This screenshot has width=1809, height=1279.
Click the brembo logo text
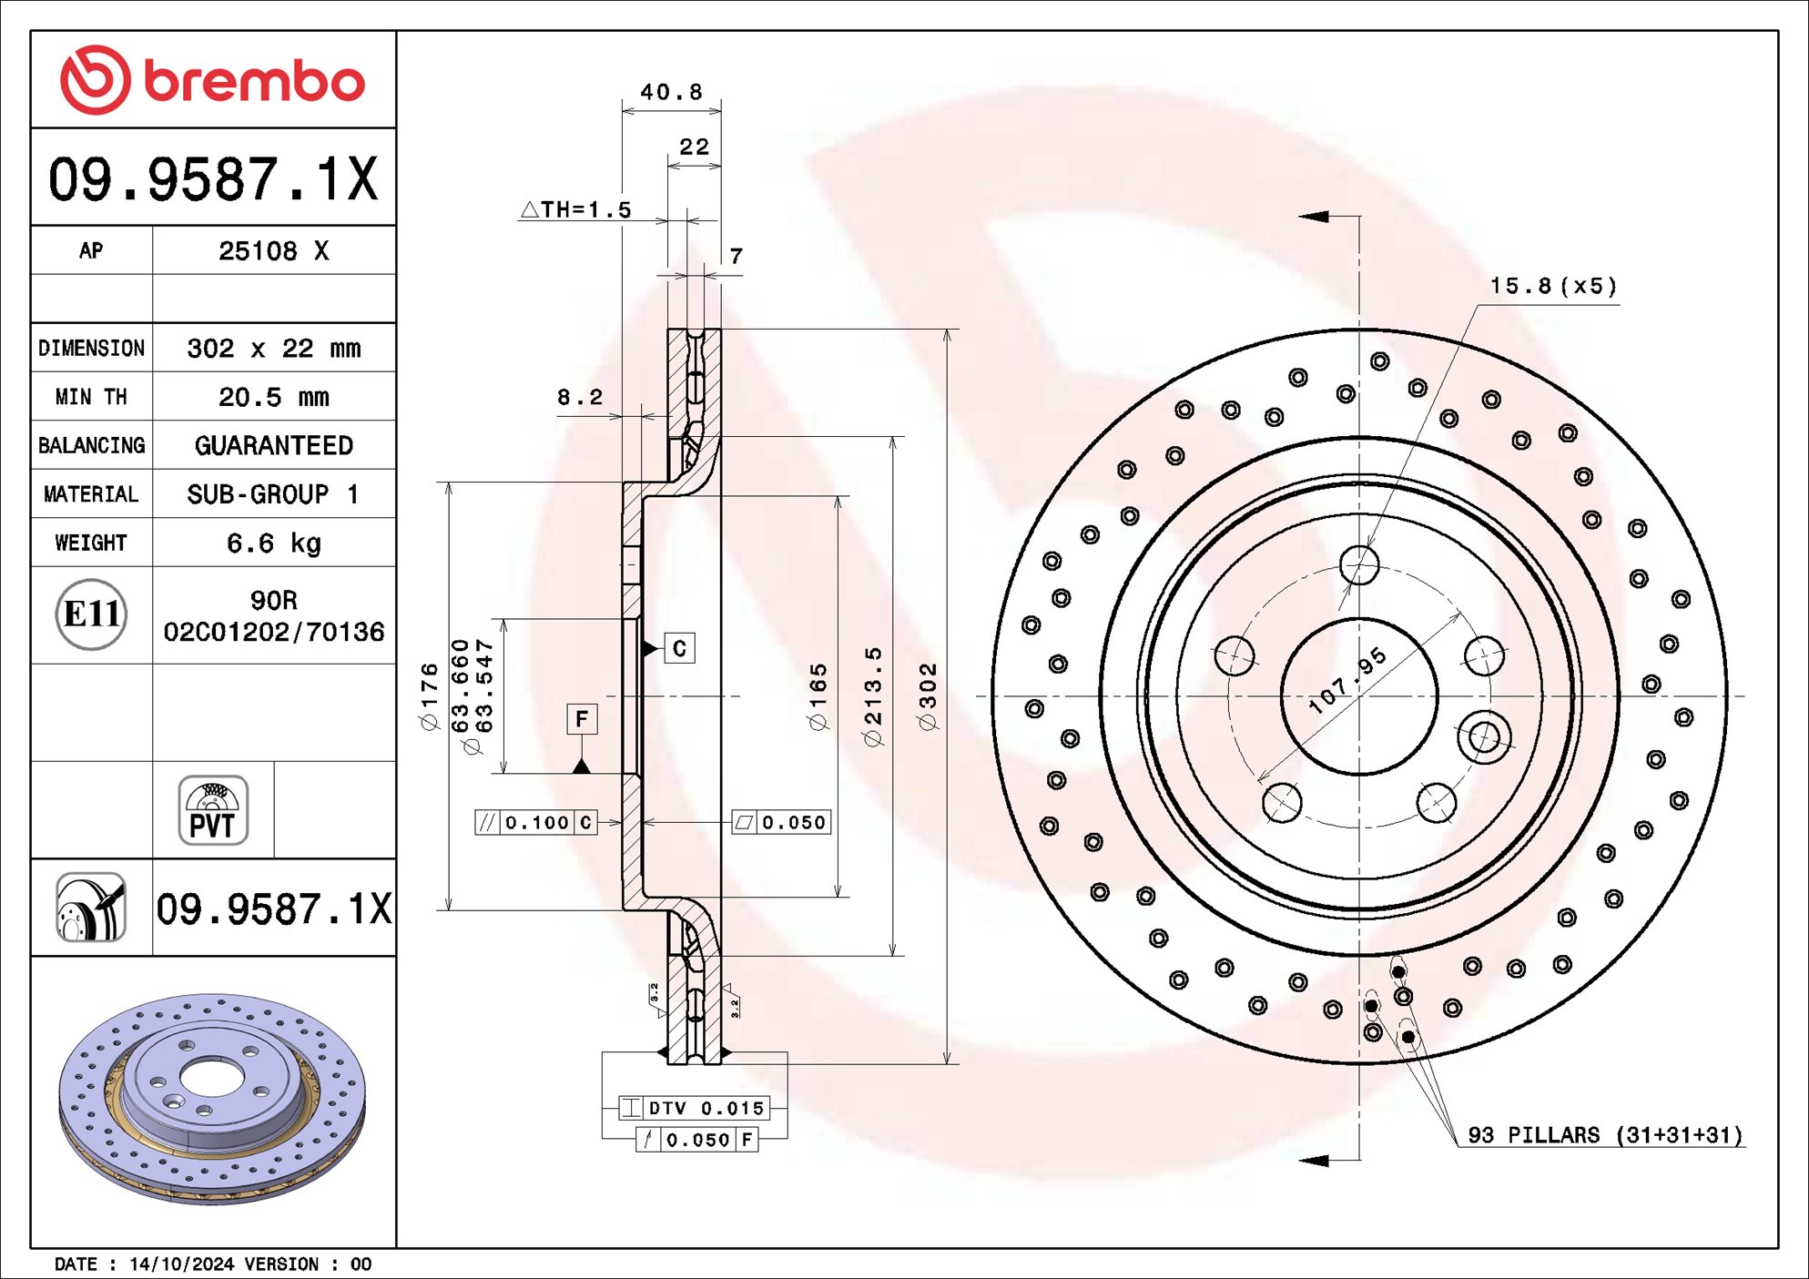click(x=253, y=82)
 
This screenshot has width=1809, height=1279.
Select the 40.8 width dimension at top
click(x=671, y=92)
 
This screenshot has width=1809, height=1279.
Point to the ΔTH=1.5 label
click(x=576, y=209)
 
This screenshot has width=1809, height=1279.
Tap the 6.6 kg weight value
click(x=273, y=543)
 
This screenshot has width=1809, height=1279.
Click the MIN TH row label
click(x=91, y=397)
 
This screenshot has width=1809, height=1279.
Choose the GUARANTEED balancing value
click(x=273, y=445)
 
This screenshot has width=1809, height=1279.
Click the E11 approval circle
click(x=91, y=614)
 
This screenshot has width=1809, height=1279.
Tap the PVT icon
click(x=213, y=810)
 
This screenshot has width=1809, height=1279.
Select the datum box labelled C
click(x=679, y=648)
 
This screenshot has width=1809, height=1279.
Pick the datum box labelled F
click(x=582, y=719)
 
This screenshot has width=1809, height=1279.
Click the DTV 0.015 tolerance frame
click(x=695, y=1108)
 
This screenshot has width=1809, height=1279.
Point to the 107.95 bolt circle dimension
click(x=1347, y=681)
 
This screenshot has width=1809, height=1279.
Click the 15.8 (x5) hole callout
click(x=1553, y=286)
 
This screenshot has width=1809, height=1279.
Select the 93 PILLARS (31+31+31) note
click(x=1604, y=1135)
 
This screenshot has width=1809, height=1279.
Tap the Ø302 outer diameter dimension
click(x=928, y=696)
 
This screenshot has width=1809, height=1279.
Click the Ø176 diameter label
click(x=430, y=696)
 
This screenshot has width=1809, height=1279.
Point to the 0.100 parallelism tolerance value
click(x=536, y=823)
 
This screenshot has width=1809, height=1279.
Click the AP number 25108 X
click(x=273, y=251)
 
